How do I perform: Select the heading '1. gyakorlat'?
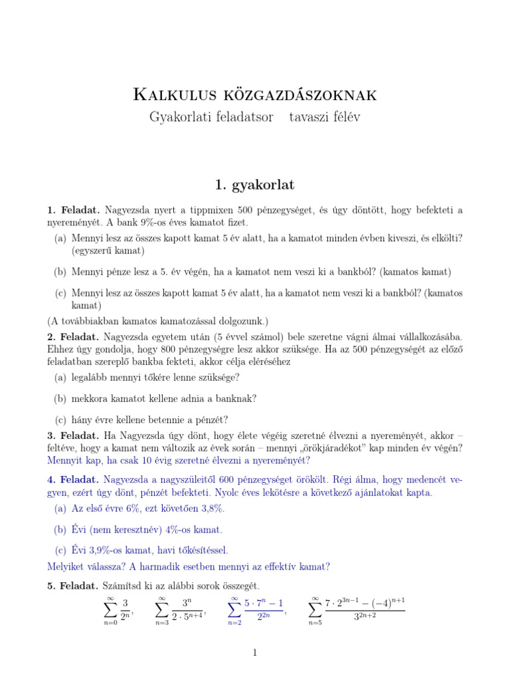[x=255, y=182]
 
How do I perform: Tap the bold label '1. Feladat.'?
[x=72, y=210]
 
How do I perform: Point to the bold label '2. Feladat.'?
[x=72, y=337]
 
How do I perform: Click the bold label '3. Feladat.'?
[x=72, y=436]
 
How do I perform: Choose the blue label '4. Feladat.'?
[x=72, y=479]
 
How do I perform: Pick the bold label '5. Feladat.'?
[x=72, y=586]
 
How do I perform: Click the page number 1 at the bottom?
[x=255, y=653]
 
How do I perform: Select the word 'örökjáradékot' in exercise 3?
[x=335, y=448]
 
